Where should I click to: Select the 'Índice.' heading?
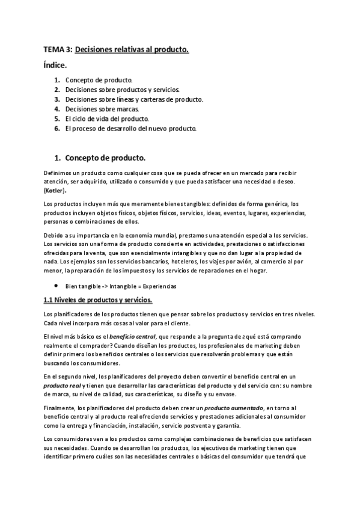[x=55, y=65]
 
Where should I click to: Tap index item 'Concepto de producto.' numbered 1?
[x=99, y=80]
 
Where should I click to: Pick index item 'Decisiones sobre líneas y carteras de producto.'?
[x=134, y=99]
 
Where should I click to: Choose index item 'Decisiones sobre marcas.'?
[x=102, y=109]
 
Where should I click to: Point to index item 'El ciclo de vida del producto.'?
[x=107, y=118]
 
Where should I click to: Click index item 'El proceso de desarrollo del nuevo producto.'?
[x=131, y=128]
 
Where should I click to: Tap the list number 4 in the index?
[x=56, y=109]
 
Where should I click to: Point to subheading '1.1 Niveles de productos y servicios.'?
[x=99, y=300]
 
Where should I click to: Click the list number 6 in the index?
[x=56, y=128]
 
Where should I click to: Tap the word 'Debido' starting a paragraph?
[x=54, y=235]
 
